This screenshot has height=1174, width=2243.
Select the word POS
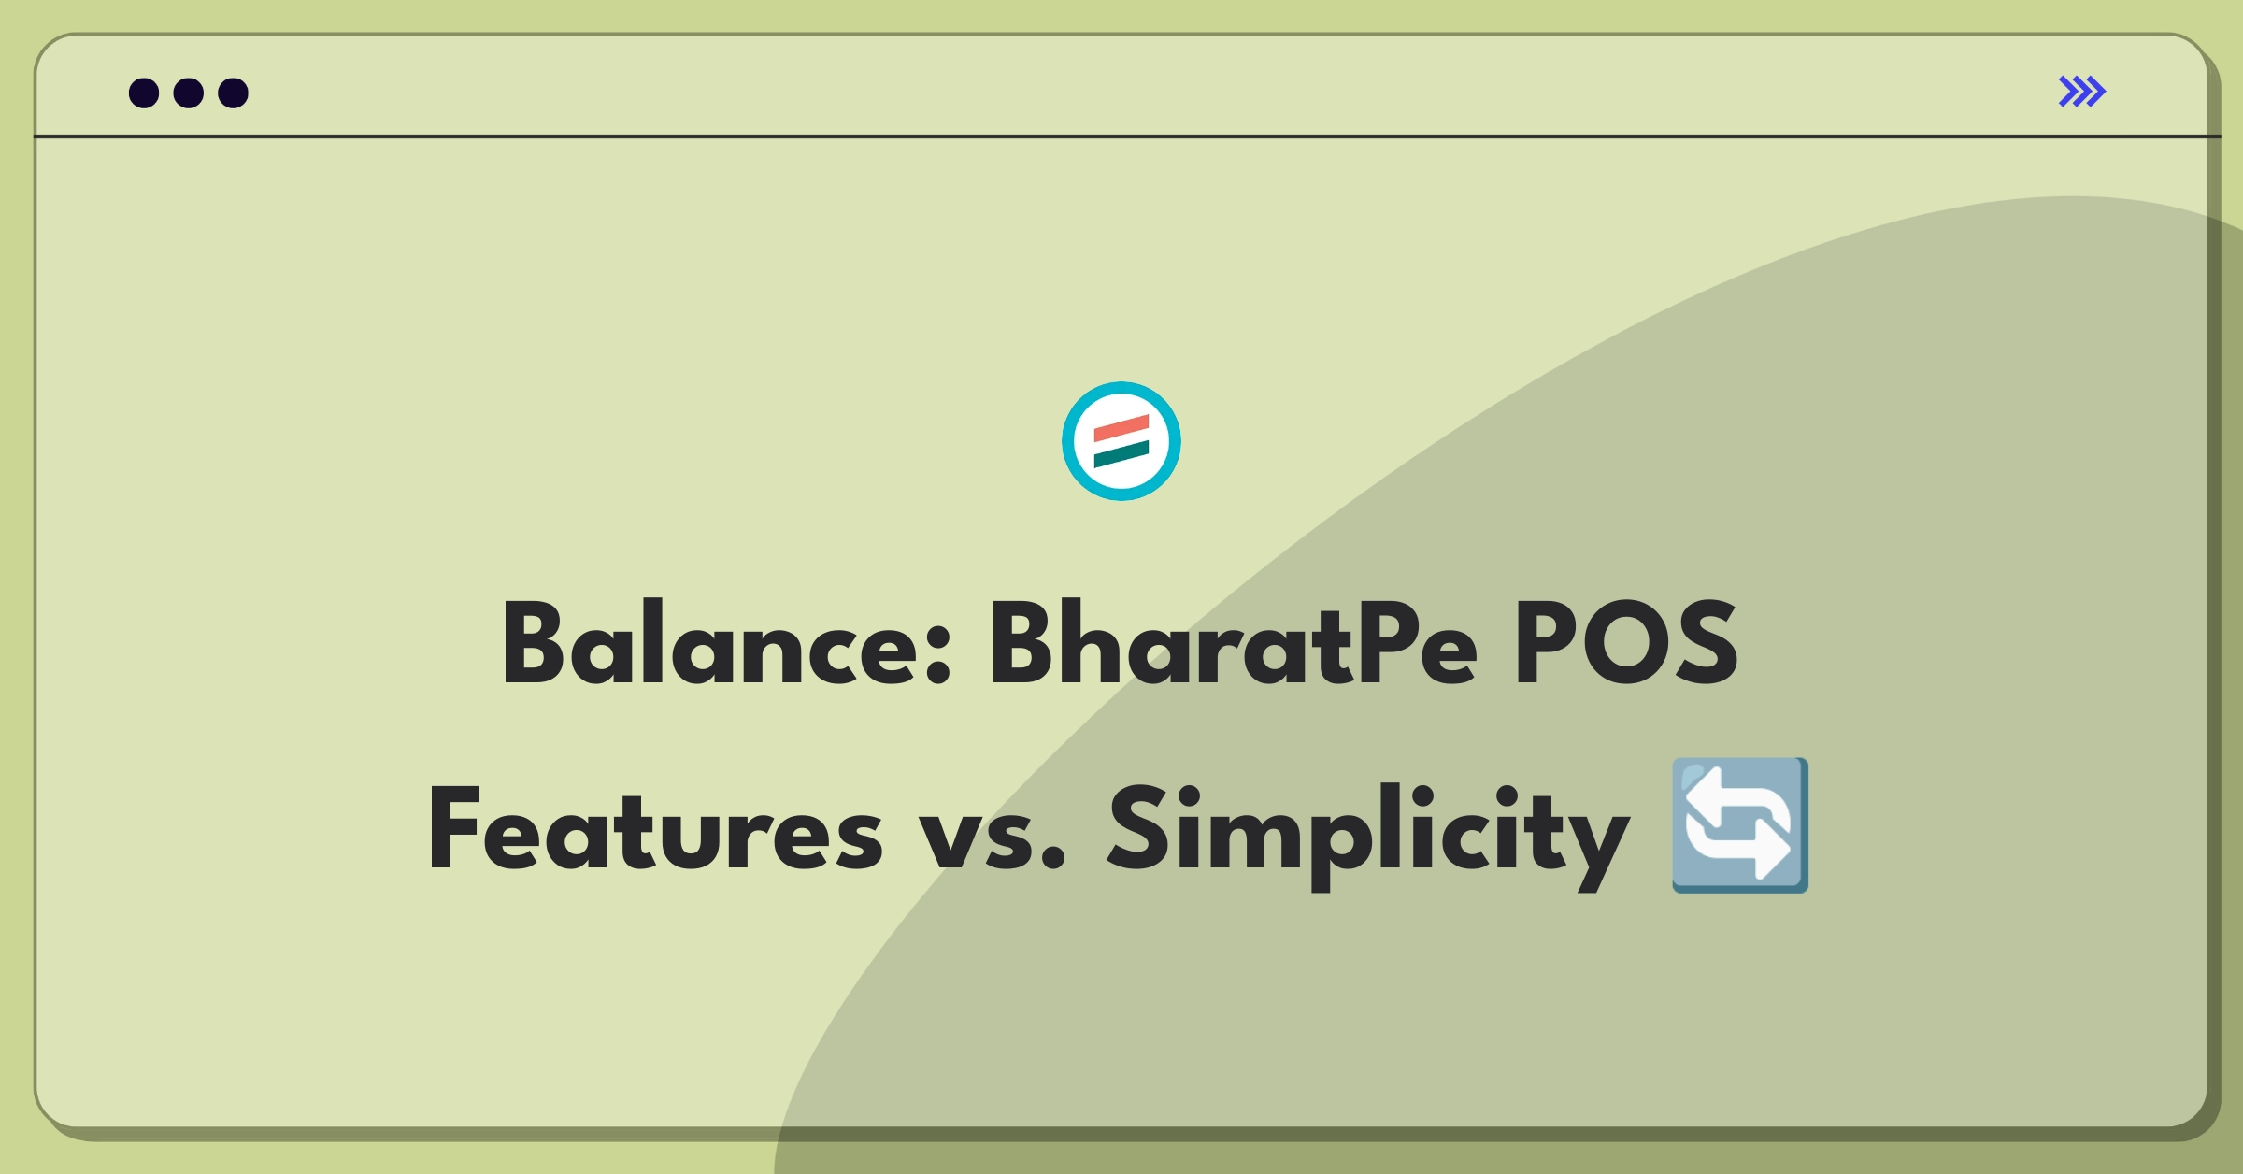pos(1626,642)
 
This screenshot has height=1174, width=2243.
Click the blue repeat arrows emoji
pos(1740,825)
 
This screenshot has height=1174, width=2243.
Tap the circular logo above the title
pos(1121,441)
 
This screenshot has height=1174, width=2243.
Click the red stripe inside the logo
pos(1121,429)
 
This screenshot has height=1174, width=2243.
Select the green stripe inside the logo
pos(1121,454)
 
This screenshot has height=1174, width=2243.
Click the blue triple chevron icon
pos(2082,92)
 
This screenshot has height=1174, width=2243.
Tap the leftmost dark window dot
pos(144,93)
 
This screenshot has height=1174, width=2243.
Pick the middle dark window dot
pos(189,93)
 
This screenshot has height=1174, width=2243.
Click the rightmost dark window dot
pos(234,93)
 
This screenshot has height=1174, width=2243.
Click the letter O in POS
pos(1627,642)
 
